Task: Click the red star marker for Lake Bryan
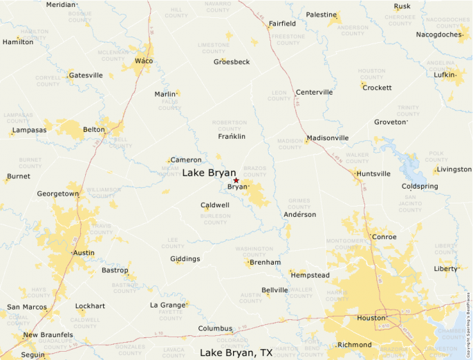coord(236,180)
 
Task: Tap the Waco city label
coord(144,61)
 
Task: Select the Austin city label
coord(84,253)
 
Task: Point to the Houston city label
coord(371,318)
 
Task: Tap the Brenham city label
coord(265,263)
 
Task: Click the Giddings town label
coord(185,259)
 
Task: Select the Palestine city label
coord(321,15)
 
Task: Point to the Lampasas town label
coord(30,130)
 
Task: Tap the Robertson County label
coord(229,125)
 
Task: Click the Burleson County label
coord(215,219)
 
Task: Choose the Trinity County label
coord(408,111)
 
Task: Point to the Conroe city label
coord(384,237)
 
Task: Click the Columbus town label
coord(215,328)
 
